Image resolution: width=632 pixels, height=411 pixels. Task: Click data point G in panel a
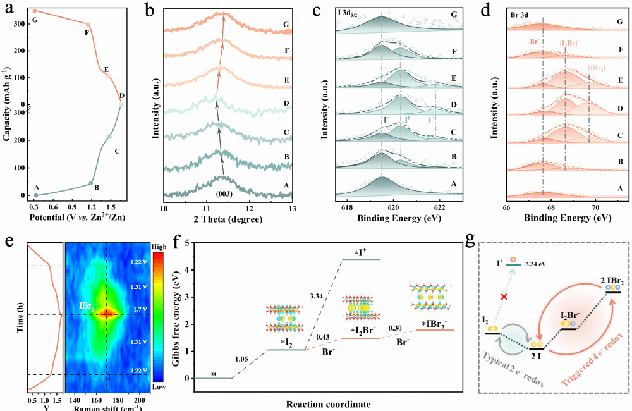[35, 11]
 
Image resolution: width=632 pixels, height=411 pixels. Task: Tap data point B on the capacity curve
[91, 183]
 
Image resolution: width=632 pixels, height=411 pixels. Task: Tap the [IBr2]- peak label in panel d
[599, 68]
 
